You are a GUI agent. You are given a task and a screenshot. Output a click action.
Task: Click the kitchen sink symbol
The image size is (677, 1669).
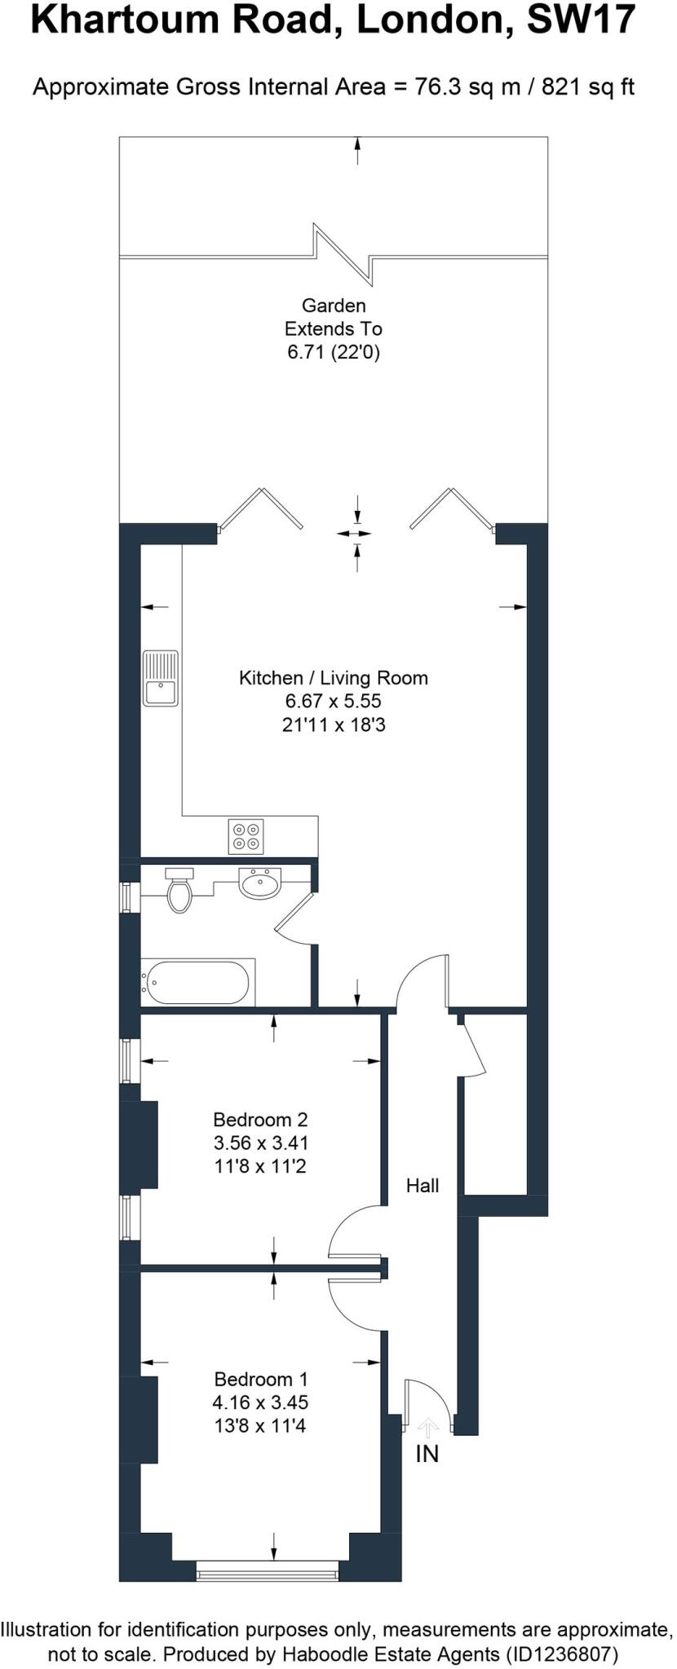pos(161,678)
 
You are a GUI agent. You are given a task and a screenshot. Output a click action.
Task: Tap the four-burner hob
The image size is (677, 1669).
pos(246,835)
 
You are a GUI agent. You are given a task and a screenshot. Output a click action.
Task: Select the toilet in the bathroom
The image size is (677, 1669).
pos(179,892)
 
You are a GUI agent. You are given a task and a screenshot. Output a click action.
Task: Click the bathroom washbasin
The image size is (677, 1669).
pos(259,883)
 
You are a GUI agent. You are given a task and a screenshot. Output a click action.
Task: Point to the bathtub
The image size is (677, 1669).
pos(197,983)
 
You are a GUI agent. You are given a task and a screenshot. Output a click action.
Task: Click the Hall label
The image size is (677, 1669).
pos(423,1186)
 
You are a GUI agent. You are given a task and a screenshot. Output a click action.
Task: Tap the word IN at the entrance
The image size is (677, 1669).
pos(427,1453)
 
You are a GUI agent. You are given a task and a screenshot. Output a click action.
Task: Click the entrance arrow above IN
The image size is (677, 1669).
pos(427,1427)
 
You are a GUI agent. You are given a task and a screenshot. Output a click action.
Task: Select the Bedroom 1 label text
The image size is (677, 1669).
pos(261,1379)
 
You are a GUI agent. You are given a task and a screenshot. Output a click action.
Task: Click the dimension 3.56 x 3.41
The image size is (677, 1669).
pos(261,1143)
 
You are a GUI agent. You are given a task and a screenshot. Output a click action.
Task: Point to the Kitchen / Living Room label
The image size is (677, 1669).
pos(333,677)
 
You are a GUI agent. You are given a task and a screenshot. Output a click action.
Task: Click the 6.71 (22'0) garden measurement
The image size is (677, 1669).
pos(334,352)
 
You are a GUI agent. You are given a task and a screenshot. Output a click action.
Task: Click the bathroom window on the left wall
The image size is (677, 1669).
pos(126,897)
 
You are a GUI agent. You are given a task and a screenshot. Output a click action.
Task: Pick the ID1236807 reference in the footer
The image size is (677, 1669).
pos(563,1654)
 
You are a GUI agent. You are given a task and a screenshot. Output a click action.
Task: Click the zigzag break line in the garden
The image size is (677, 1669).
pos(343,253)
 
